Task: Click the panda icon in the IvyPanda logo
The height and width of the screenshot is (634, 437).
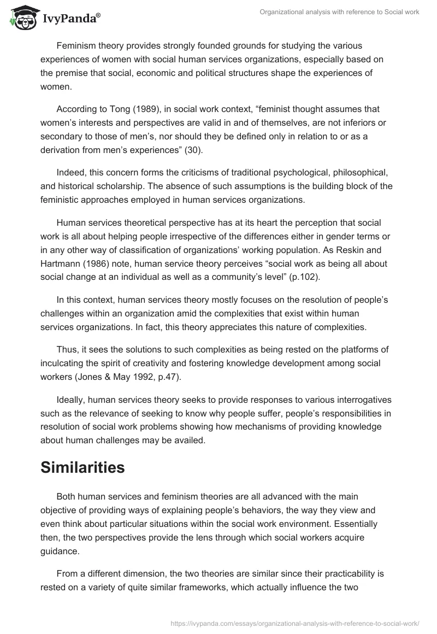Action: [x=21, y=17]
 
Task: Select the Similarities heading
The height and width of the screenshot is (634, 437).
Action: [x=82, y=468]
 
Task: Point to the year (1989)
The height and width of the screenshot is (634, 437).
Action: [x=139, y=109]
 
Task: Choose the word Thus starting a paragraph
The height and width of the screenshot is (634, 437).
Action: [x=67, y=349]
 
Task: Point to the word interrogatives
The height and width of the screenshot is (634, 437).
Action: [x=363, y=401]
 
